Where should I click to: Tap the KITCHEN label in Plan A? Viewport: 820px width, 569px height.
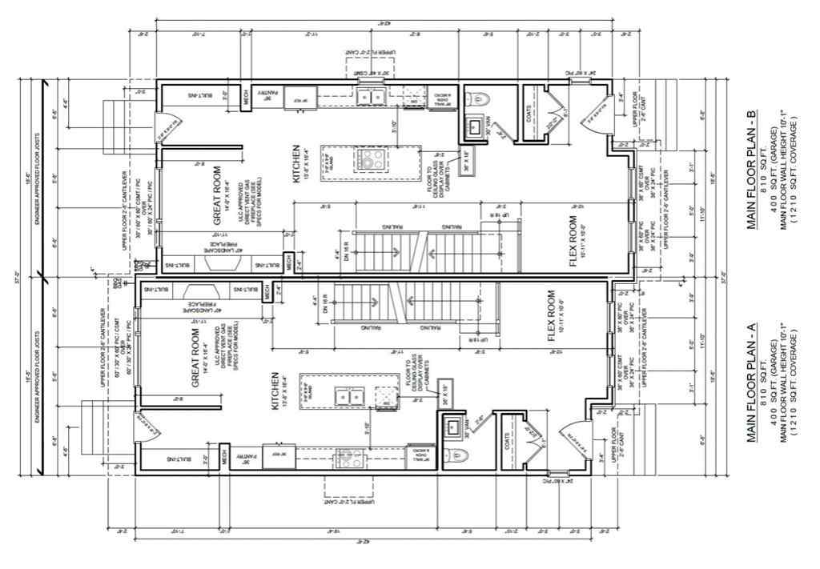[275, 391]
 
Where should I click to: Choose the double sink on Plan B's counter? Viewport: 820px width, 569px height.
[371, 97]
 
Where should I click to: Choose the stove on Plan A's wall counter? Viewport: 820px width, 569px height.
[349, 459]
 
